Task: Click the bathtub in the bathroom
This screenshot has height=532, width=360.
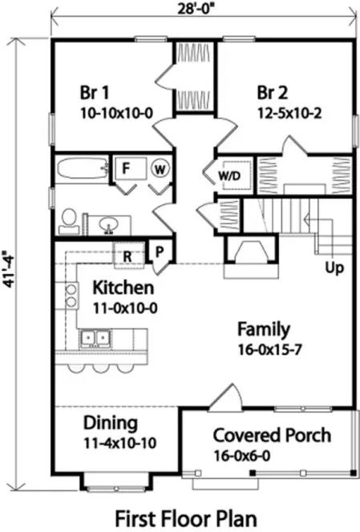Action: click(83, 169)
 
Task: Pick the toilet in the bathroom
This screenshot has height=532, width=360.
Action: click(70, 219)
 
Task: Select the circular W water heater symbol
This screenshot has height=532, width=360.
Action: click(160, 169)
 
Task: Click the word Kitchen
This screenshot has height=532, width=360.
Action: click(119, 287)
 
